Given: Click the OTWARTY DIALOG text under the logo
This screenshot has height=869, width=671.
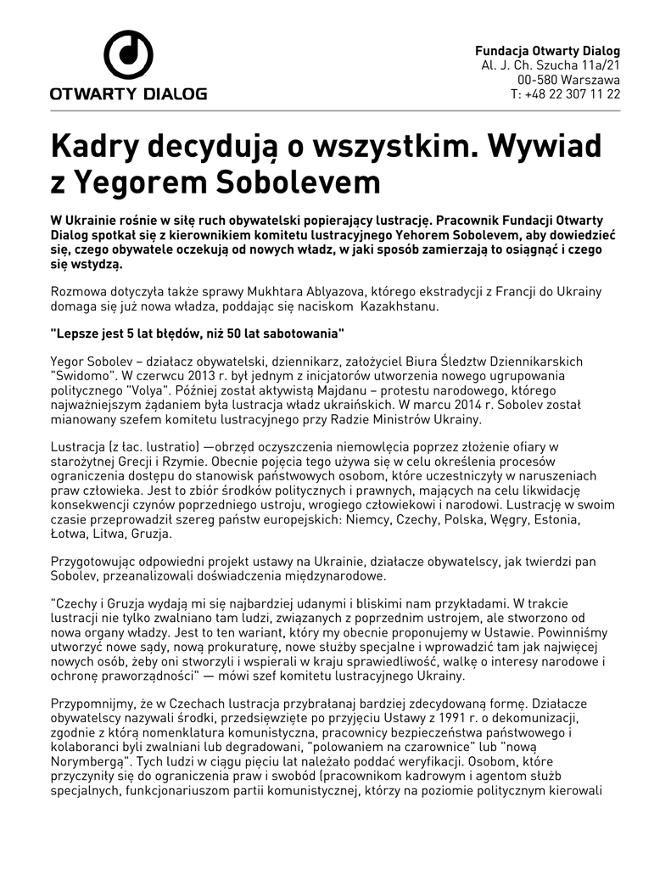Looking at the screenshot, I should coord(128,93).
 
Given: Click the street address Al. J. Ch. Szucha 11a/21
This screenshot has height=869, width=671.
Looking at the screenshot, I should coord(551,65).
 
